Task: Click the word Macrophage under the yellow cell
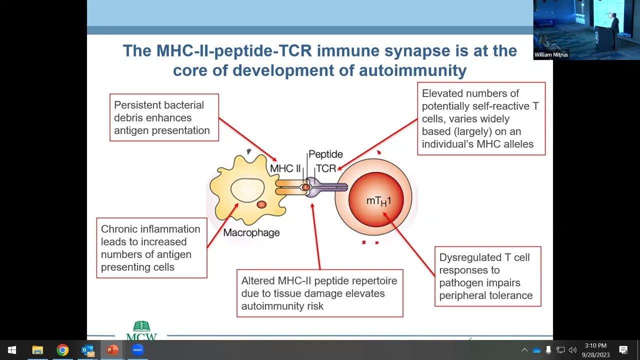(251, 232)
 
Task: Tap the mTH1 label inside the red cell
(378, 201)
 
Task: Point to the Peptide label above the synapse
(325, 154)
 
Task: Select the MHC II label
(285, 168)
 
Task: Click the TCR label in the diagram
(325, 168)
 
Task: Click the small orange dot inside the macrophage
(261, 204)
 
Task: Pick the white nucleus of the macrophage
(247, 190)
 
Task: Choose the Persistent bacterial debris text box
(164, 117)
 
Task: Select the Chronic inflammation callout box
(151, 248)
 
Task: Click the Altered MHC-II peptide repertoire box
(319, 293)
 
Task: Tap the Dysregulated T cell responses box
(487, 276)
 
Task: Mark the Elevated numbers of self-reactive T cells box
(481, 119)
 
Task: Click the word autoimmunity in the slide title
(412, 70)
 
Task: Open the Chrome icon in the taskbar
(62, 350)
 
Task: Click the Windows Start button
(12, 350)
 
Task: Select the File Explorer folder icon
(37, 350)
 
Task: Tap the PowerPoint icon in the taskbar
(112, 350)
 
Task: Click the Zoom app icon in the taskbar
(137, 350)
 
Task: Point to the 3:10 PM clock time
(595, 345)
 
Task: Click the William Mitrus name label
(551, 55)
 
